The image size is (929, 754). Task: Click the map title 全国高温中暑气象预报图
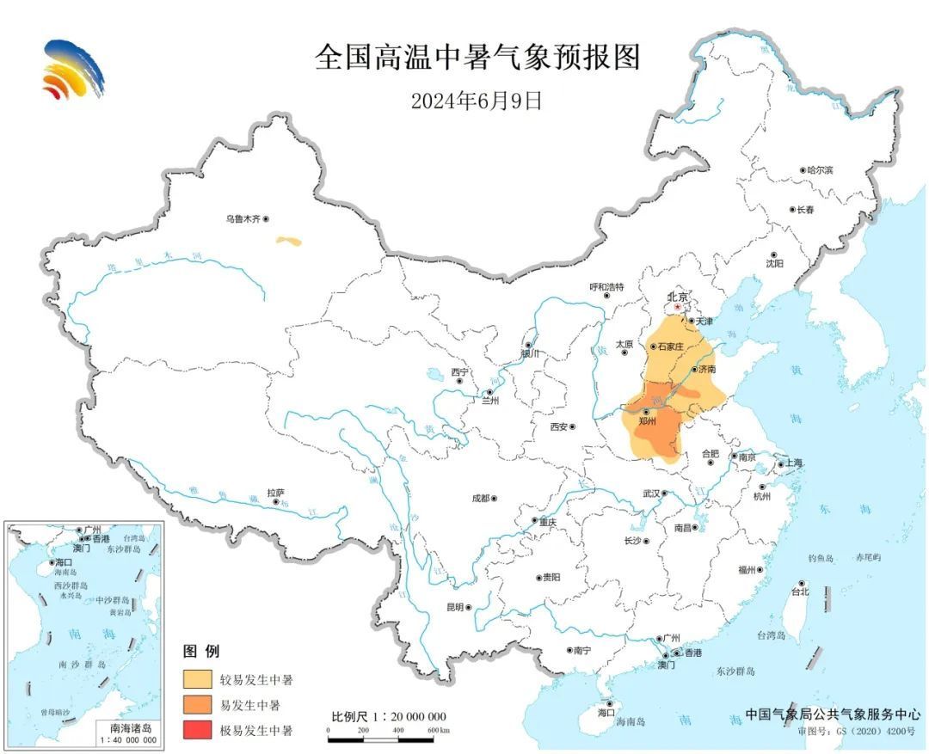click(x=477, y=58)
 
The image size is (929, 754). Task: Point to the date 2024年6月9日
click(x=476, y=101)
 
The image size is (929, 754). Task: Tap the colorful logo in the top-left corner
click(x=72, y=70)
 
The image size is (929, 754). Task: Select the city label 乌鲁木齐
click(x=243, y=220)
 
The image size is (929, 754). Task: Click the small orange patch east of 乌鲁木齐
click(x=289, y=242)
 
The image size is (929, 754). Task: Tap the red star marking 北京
click(x=678, y=307)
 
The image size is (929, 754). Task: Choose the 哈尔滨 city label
click(x=819, y=170)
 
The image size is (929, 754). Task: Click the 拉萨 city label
click(x=275, y=493)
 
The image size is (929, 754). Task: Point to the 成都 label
click(x=480, y=498)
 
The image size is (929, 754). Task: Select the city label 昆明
click(x=455, y=607)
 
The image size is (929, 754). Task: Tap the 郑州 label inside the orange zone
click(x=648, y=422)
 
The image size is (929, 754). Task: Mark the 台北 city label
click(x=800, y=592)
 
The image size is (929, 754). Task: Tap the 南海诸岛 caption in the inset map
click(x=128, y=727)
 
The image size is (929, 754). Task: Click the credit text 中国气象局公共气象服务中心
click(x=832, y=714)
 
